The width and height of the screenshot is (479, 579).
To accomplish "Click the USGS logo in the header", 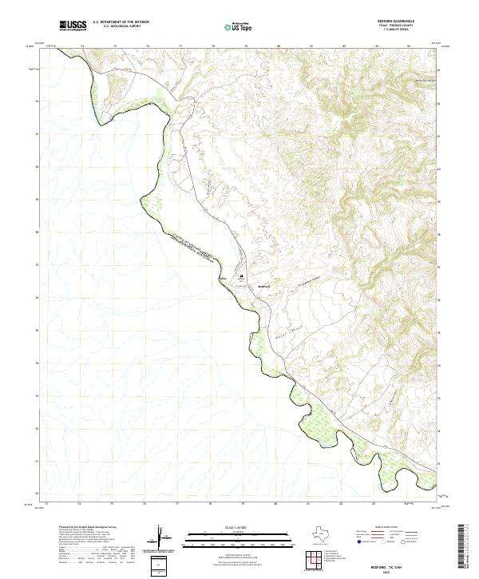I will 73,26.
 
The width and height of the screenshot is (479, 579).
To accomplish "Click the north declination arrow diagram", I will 160,537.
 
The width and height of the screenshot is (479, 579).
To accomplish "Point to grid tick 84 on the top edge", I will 408,46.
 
